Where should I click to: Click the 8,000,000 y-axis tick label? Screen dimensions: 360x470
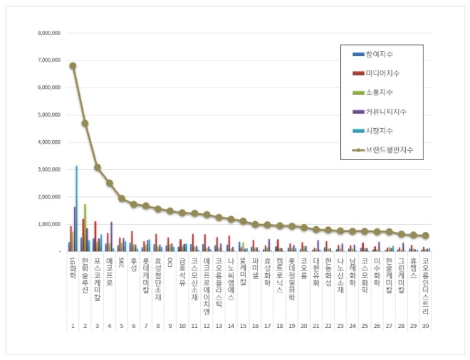tap(47, 33)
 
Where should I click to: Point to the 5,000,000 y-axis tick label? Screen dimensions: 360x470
tap(47, 115)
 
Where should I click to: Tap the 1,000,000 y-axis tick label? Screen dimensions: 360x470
tap(47, 224)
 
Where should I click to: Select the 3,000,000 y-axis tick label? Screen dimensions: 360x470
tap(47, 169)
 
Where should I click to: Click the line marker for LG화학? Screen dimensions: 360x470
tap(73, 65)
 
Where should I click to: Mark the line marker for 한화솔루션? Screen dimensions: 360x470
tap(85, 123)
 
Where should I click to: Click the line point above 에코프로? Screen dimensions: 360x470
tap(109, 183)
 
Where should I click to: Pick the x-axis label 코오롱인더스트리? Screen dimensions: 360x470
tap(426, 280)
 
